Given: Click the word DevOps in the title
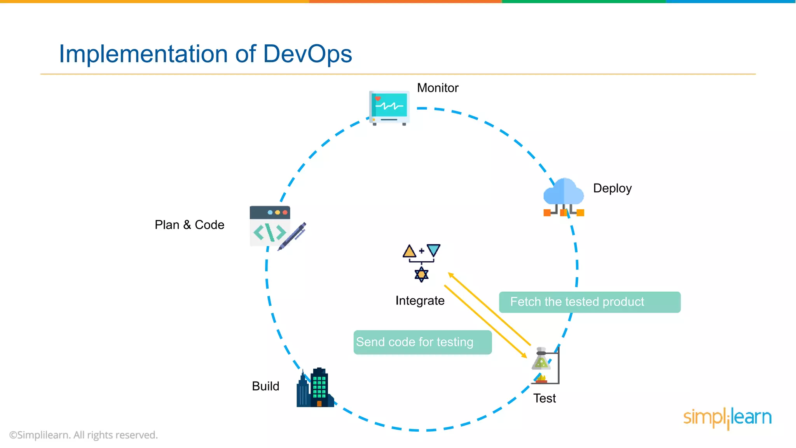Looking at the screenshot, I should pyautogui.click(x=307, y=54).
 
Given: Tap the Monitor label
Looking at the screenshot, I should pyautogui.click(x=438, y=88).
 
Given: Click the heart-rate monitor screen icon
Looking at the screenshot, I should pyautogui.click(x=389, y=107).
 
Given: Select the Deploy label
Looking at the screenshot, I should pyautogui.click(x=612, y=188).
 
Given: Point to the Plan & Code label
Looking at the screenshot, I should pyautogui.click(x=189, y=225).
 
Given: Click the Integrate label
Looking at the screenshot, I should pyautogui.click(x=420, y=301).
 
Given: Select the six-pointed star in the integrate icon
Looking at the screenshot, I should pyautogui.click(x=421, y=275).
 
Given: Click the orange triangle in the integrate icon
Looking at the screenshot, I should pyautogui.click(x=409, y=252).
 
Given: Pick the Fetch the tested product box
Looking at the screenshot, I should pyautogui.click(x=589, y=302).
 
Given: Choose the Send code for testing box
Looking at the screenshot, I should pyautogui.click(x=422, y=342).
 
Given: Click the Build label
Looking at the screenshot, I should pyautogui.click(x=265, y=386).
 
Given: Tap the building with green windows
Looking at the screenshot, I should pyautogui.click(x=319, y=387).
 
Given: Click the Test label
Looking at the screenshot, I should pyautogui.click(x=544, y=398).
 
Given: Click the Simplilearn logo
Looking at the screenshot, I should pyautogui.click(x=727, y=418).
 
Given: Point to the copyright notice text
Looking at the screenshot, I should pyautogui.click(x=84, y=435).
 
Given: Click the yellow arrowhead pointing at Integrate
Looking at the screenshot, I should pyautogui.click(x=451, y=275).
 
